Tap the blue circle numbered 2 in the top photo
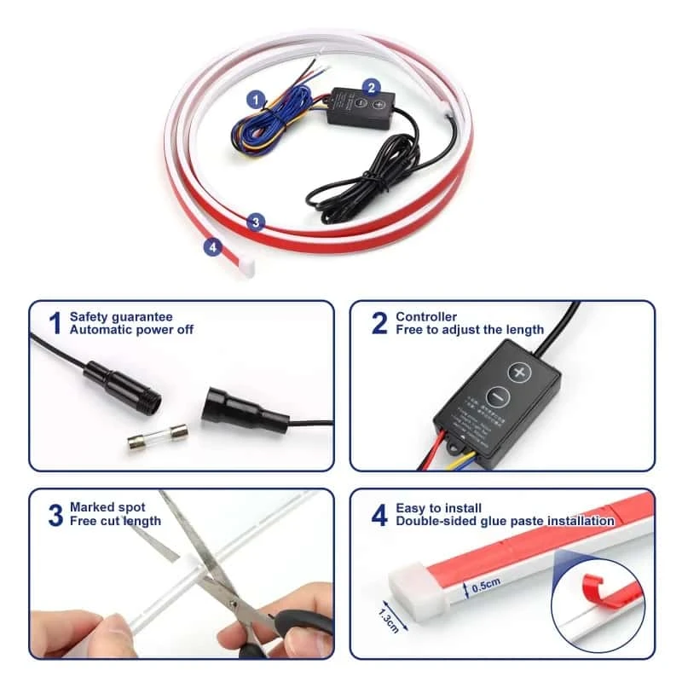(371, 86)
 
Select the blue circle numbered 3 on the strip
(255, 222)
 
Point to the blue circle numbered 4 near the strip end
(212, 247)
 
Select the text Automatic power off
(131, 329)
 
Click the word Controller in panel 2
(426, 317)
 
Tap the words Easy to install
(439, 508)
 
